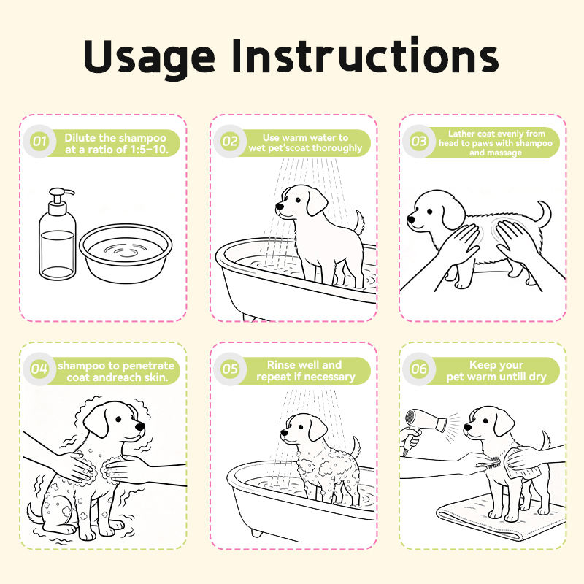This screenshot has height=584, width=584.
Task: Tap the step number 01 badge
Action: pos(39,141)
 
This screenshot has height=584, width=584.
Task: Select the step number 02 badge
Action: pos(230,141)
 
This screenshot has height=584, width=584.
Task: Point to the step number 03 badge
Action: pos(418,141)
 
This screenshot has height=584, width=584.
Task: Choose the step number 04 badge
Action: pos(39,369)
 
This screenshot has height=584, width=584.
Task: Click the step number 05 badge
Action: pos(230,369)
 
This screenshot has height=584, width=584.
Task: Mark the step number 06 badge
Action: pos(418,369)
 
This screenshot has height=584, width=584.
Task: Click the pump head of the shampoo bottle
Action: pos(61,196)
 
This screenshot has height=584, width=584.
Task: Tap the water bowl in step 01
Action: pos(126,253)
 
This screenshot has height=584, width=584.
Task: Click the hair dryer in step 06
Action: pos(423,429)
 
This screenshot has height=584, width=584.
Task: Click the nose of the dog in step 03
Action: pos(411,219)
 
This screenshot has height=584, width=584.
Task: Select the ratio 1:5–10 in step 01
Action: pos(149,150)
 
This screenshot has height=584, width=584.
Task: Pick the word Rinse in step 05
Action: pos(280,364)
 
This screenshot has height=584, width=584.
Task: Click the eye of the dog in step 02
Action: pos(298,200)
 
